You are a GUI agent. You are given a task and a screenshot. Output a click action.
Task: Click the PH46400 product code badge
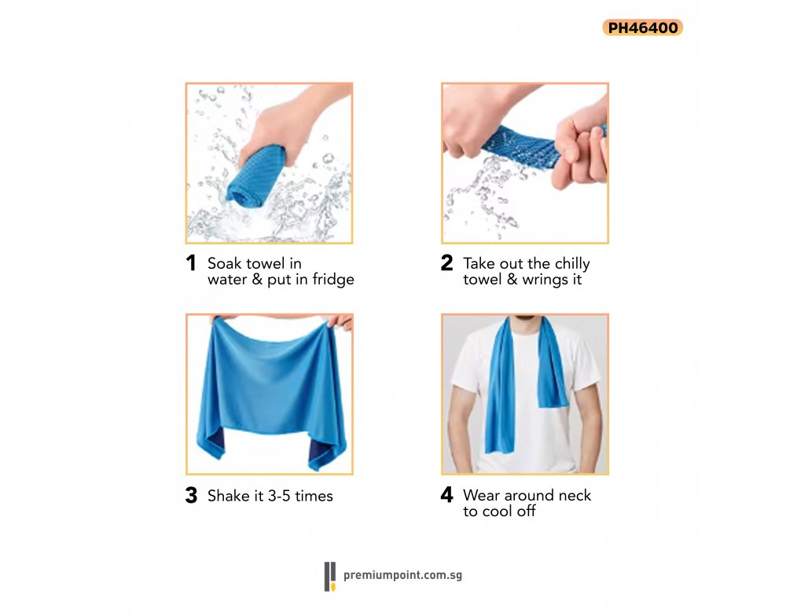(x=643, y=27)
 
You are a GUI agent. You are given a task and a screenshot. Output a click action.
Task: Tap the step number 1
(x=190, y=263)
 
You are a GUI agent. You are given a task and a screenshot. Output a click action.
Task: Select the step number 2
(x=446, y=262)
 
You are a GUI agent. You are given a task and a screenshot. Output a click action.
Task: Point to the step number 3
(x=191, y=495)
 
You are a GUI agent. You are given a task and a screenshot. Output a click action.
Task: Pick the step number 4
(x=446, y=495)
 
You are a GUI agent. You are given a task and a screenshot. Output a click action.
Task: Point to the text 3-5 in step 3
(x=279, y=497)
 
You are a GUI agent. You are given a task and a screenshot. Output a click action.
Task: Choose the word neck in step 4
(x=575, y=495)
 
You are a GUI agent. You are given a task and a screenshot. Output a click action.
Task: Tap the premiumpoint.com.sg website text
(x=402, y=575)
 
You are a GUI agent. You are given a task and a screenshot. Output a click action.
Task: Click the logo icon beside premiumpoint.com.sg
(x=329, y=577)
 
